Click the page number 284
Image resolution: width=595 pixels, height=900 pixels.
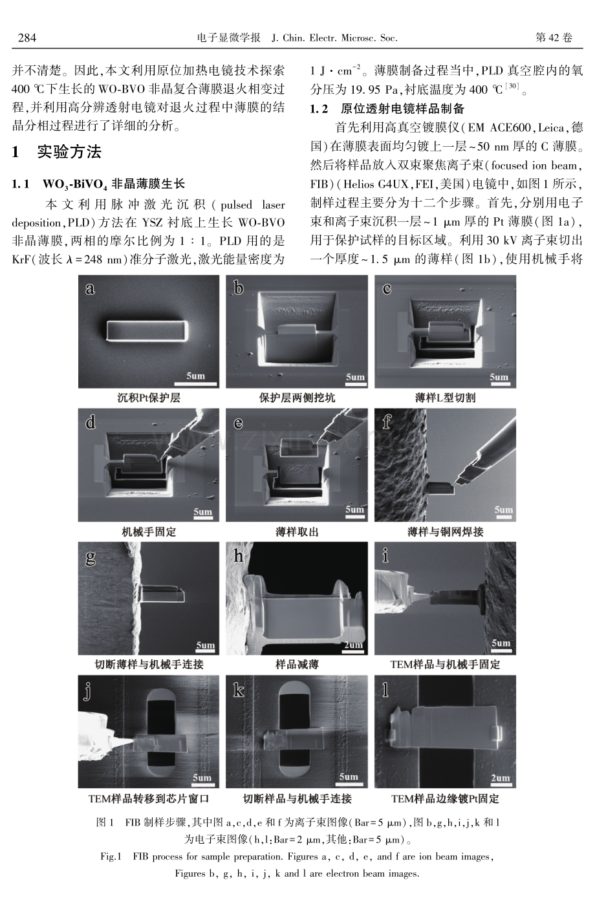point(27,37)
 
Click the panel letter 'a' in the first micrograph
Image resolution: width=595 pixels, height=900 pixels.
point(90,288)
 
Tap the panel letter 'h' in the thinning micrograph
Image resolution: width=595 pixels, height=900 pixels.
point(239,556)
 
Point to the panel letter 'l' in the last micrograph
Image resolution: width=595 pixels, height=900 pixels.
point(385,689)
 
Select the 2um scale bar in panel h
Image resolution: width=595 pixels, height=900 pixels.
point(354,652)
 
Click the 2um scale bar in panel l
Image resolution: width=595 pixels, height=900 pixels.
point(501,784)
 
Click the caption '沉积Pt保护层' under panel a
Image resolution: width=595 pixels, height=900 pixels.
point(149,398)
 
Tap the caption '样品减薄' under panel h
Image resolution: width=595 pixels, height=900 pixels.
point(297,665)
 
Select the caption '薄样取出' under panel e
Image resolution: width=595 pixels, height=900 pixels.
point(297,532)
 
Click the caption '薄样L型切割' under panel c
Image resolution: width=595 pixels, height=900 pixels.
point(445,398)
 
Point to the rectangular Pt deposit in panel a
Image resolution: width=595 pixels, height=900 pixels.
point(147,331)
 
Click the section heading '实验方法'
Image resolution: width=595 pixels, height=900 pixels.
point(70,152)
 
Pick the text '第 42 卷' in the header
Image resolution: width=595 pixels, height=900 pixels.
point(554,37)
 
